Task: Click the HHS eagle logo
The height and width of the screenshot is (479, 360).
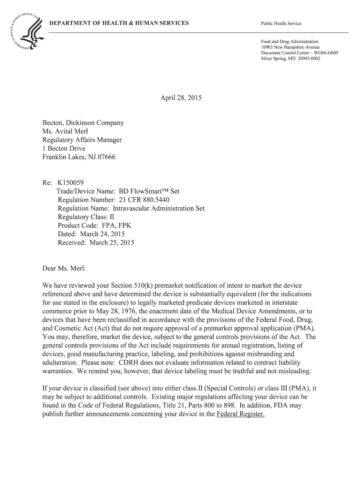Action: tap(24, 32)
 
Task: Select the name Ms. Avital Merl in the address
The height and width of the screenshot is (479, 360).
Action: tap(65, 131)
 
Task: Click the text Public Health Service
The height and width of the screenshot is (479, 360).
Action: tap(281, 24)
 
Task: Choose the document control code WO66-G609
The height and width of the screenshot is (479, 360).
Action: tap(323, 53)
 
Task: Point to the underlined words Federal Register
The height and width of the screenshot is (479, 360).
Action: tap(241, 414)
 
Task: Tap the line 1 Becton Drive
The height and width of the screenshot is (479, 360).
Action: tap(64, 149)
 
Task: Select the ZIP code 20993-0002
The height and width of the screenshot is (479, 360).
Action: tap(305, 58)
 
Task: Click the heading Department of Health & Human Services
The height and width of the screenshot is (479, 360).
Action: tap(119, 23)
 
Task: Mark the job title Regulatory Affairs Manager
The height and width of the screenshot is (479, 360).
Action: tap(82, 140)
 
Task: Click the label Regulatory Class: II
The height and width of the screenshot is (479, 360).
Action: tap(86, 218)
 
